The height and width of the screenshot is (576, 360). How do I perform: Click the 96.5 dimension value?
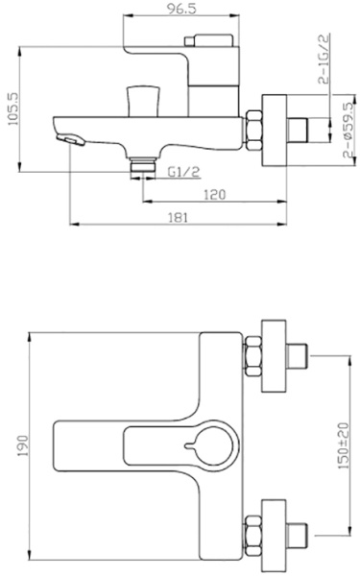tap(181, 9)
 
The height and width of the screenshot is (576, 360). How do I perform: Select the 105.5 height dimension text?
tap(12, 108)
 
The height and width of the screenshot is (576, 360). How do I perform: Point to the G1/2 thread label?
tap(184, 172)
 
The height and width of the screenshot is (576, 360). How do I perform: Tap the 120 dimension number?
tap(214, 195)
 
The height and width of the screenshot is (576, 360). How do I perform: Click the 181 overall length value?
tap(179, 218)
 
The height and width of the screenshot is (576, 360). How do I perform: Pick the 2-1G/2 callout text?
tap(324, 59)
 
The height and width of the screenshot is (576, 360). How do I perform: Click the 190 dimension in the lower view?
tap(23, 446)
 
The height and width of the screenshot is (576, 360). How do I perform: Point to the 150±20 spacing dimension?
tap(343, 445)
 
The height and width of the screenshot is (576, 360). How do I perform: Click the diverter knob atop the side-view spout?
tap(143, 101)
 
